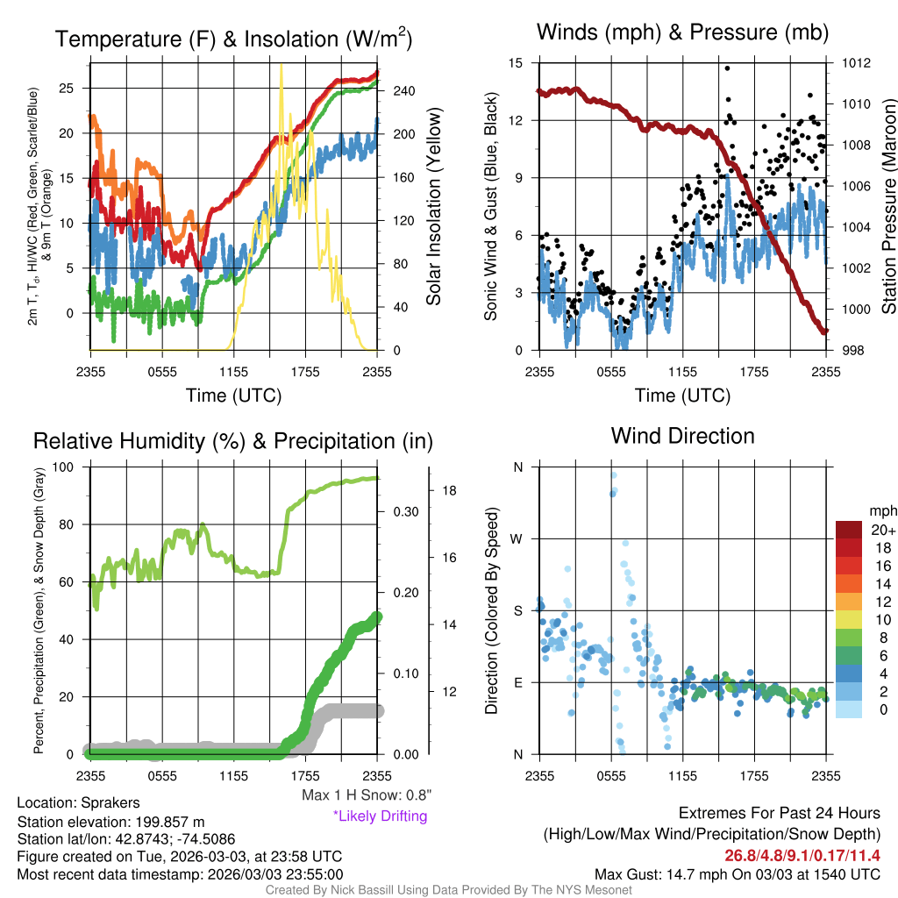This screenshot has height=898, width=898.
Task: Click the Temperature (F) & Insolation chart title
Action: coord(233,39)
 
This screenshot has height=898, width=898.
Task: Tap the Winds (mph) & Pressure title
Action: coord(682,32)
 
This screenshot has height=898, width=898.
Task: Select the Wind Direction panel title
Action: coord(682,436)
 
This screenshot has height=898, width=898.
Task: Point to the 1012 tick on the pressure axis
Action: coord(856,63)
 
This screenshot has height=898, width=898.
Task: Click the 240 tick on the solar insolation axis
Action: coord(403,91)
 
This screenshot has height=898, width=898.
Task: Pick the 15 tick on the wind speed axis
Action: coord(516,63)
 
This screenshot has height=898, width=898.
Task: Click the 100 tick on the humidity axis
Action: coord(63,467)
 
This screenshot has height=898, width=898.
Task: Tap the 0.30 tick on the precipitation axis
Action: coord(406,512)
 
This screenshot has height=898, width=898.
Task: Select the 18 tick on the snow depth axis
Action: coord(449,491)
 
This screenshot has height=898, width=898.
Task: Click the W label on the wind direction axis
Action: coord(517,539)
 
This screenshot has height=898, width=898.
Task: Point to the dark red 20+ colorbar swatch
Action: coord(849,530)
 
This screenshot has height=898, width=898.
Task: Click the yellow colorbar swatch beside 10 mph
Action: coord(849,620)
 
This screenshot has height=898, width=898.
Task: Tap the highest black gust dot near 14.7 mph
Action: coord(727,68)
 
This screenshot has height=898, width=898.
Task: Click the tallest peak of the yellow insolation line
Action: coord(281,66)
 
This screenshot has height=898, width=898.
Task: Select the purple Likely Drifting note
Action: coord(381,816)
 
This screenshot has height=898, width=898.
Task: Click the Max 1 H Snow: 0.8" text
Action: coord(367,795)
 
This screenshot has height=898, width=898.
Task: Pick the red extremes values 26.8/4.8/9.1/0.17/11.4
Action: coord(802,856)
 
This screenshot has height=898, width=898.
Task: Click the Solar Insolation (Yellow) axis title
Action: coord(433,207)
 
